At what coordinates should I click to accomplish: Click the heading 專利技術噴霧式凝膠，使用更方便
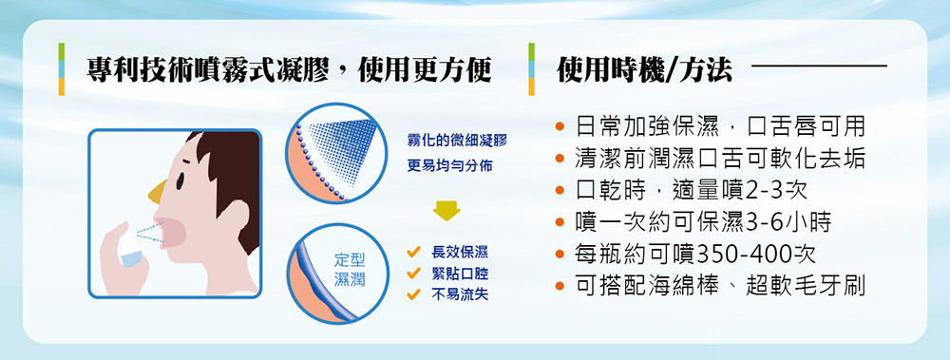(289, 70)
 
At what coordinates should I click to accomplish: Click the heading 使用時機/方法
(645, 70)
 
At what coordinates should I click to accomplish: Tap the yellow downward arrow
(446, 212)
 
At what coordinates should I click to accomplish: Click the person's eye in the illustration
(180, 180)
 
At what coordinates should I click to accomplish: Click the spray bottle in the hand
(129, 248)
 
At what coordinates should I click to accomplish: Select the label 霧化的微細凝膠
(456, 142)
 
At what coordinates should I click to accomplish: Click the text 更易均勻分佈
(449, 165)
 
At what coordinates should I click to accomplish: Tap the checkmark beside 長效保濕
(414, 252)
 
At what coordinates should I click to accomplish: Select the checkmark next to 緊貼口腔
(414, 274)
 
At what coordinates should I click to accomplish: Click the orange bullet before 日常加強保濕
(560, 127)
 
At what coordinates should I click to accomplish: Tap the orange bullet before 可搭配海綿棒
(560, 285)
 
